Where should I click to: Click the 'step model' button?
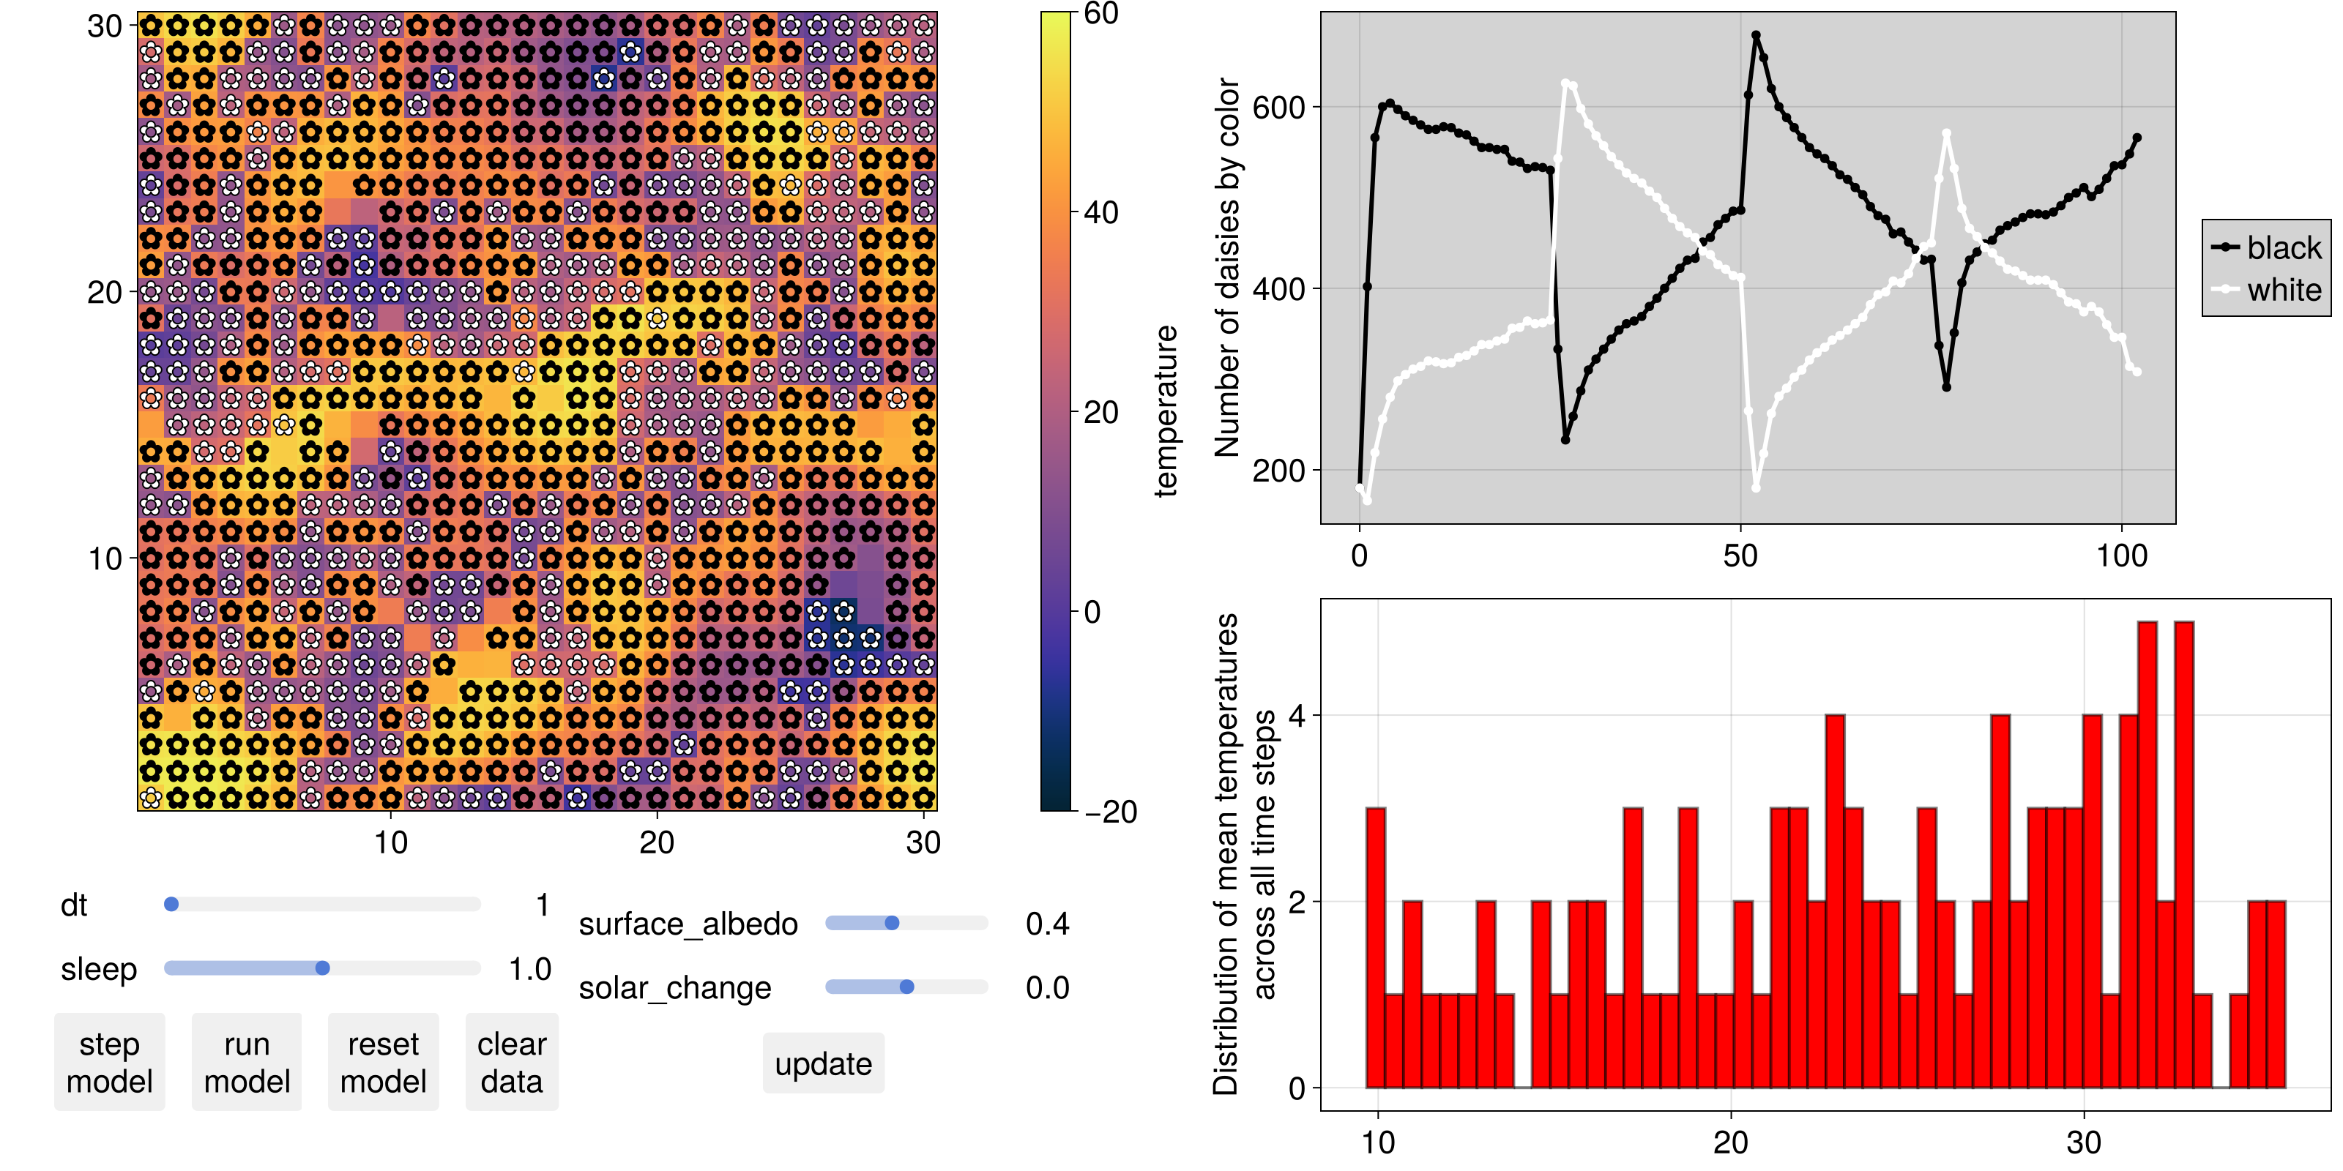pos(109,1062)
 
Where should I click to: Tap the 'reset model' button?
pos(383,1062)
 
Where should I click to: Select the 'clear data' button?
pos(511,1062)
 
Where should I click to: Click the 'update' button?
pos(823,1063)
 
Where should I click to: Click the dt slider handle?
pos(171,905)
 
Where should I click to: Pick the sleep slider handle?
pos(322,968)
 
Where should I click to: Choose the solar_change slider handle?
pos(907,987)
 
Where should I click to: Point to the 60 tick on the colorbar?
pos(1100,14)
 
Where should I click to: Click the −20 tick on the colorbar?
pos(1110,812)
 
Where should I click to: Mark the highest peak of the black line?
pos(1756,35)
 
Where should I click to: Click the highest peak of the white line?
pos(1565,83)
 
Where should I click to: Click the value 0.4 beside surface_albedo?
pos(1047,924)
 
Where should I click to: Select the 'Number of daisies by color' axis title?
pos(1228,267)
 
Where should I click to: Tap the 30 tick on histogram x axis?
pos(2083,1142)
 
